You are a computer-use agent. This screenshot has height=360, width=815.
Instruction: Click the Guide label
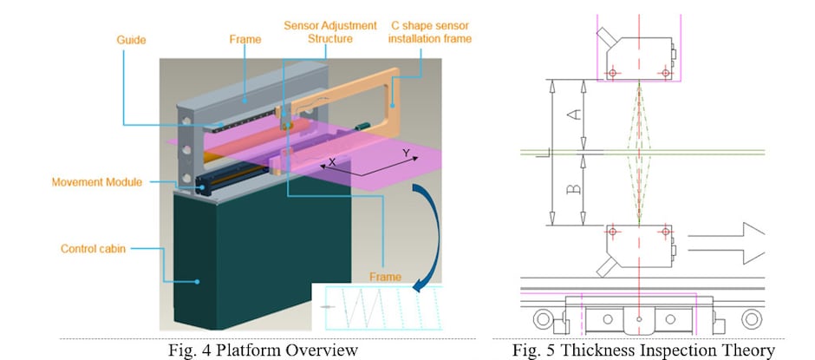(x=131, y=39)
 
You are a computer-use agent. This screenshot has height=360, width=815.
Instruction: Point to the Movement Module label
(x=96, y=182)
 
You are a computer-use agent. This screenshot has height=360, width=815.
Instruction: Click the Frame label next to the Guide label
(x=244, y=39)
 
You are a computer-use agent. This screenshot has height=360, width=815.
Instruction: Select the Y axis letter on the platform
(x=404, y=153)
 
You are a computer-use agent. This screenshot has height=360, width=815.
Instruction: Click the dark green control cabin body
(x=234, y=260)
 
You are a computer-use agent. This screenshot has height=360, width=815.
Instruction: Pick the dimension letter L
(x=541, y=154)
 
